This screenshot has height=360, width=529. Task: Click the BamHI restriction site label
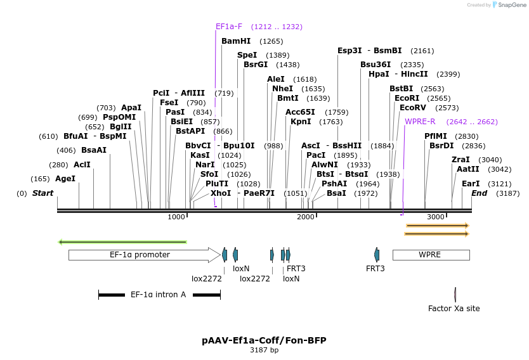pyautogui.click(x=236, y=41)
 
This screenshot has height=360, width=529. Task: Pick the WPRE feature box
pyautogui.click(x=431, y=255)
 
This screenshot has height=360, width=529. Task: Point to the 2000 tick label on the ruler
pyautogui.click(x=305, y=217)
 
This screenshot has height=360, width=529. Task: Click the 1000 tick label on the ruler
pyautogui.click(x=176, y=217)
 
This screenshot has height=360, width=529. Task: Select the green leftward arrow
pyautogui.click(x=123, y=242)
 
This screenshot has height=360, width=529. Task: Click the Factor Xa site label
pyautogui.click(x=454, y=309)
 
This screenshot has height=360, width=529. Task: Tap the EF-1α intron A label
pyautogui.click(x=158, y=295)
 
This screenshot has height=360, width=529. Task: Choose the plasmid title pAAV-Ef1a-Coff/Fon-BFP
pyautogui.click(x=264, y=340)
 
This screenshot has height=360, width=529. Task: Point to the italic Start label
pyautogui.click(x=42, y=193)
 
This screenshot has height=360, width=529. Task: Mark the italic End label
pyautogui.click(x=479, y=193)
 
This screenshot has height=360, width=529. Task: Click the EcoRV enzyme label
pyautogui.click(x=412, y=108)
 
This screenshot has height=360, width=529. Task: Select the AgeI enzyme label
pyautogui.click(x=65, y=179)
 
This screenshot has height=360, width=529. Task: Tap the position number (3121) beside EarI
pyautogui.click(x=500, y=184)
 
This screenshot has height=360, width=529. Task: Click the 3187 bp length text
pyautogui.click(x=264, y=350)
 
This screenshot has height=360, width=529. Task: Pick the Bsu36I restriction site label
pyautogui.click(x=376, y=65)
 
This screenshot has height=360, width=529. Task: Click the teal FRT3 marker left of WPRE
pyautogui.click(x=377, y=255)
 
